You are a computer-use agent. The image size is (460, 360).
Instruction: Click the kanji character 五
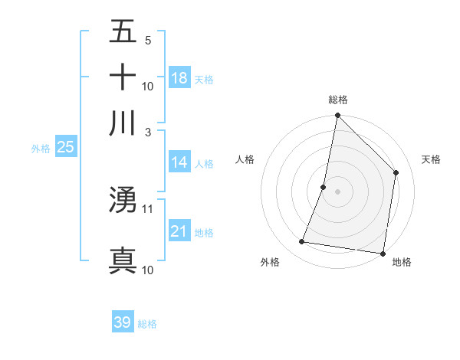(x=123, y=32)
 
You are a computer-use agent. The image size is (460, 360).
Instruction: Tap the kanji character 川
(x=123, y=123)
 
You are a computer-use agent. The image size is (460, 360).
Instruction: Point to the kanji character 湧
(x=123, y=200)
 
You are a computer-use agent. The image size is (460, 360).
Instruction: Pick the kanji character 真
(x=123, y=260)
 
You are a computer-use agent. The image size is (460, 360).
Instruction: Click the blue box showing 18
(x=179, y=77)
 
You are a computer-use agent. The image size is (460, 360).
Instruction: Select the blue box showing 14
(x=179, y=162)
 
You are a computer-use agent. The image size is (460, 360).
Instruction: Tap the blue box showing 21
(x=179, y=231)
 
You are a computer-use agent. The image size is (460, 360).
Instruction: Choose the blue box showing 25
(x=65, y=147)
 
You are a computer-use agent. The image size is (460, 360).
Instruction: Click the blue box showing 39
(x=123, y=322)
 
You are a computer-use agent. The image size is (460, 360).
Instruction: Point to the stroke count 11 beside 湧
(x=148, y=208)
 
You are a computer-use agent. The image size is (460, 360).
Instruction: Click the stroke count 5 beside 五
(x=147, y=41)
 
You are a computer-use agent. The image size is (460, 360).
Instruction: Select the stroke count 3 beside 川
(x=147, y=132)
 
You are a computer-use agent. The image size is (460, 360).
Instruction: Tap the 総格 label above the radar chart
(x=338, y=100)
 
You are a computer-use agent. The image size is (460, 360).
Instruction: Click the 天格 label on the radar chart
(x=431, y=159)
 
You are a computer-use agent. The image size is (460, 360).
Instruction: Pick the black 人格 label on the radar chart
(x=245, y=159)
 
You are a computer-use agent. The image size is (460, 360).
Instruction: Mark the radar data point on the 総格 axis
(x=337, y=116)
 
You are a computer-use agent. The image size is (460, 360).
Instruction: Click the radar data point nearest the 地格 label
(x=382, y=253)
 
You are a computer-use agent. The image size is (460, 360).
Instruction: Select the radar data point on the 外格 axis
(x=302, y=242)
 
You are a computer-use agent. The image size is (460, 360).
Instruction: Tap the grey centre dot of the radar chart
(x=337, y=191)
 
